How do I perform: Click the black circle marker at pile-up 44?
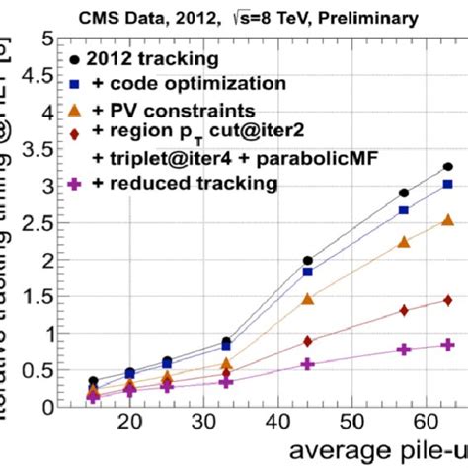coord(308,261)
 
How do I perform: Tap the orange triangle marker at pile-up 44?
coord(308,298)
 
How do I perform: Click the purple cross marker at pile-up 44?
coord(308,364)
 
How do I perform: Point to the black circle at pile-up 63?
coord(447,167)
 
